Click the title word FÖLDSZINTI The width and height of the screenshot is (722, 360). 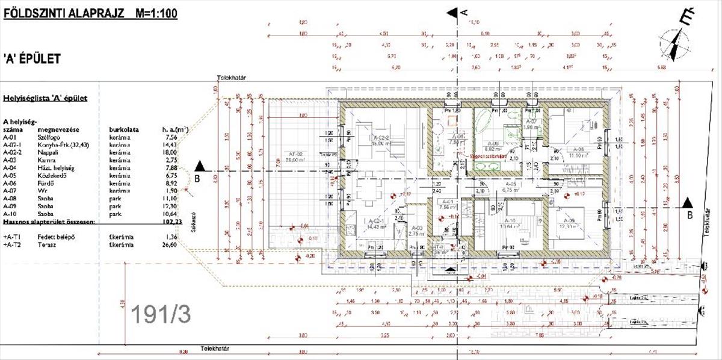pyautogui.click(x=32, y=13)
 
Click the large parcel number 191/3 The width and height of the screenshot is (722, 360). pyautogui.click(x=161, y=313)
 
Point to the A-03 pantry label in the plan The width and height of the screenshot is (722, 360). pyautogui.click(x=415, y=227)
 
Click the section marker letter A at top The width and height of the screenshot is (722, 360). pyautogui.click(x=463, y=11)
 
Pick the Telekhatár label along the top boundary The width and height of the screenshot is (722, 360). pyautogui.click(x=233, y=78)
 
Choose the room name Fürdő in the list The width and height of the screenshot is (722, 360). pyautogui.click(x=46, y=184)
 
